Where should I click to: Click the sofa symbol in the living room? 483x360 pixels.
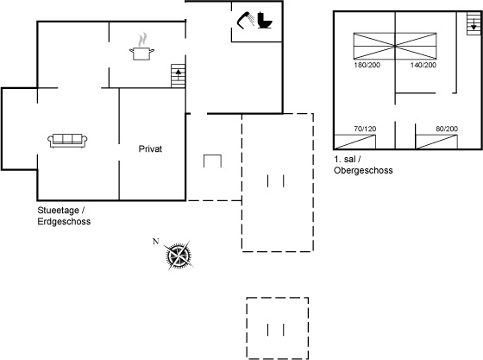67,141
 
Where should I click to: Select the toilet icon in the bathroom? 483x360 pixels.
265,21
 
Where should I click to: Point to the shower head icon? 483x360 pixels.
246,20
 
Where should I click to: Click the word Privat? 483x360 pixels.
150,148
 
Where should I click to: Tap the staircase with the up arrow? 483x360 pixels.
178,76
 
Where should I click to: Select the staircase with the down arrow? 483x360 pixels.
474,23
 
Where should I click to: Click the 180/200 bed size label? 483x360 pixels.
367,65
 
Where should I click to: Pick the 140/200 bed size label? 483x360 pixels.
423,65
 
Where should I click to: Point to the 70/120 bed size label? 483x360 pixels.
365,129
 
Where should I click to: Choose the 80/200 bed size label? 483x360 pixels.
447,129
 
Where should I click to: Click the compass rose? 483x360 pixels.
179,256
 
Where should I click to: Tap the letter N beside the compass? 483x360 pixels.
156,242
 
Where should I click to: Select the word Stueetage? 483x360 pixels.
59,211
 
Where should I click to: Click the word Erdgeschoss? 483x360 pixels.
64,221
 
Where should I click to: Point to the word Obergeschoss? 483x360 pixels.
363,170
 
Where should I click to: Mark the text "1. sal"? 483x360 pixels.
345,160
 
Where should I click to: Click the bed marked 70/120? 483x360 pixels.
354,142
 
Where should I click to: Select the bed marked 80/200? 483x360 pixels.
436,142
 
